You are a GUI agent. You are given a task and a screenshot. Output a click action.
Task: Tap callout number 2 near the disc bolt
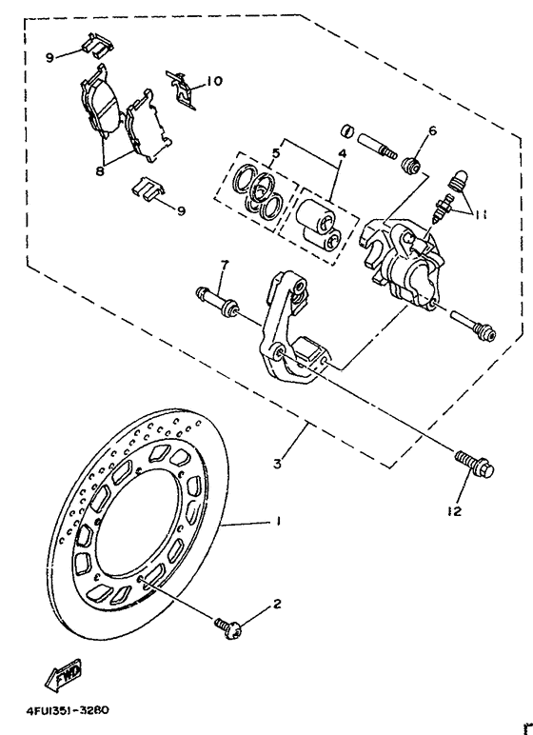(278, 604)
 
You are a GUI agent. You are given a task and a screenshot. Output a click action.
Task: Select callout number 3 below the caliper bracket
(277, 464)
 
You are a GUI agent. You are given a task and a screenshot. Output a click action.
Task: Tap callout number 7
(225, 262)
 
